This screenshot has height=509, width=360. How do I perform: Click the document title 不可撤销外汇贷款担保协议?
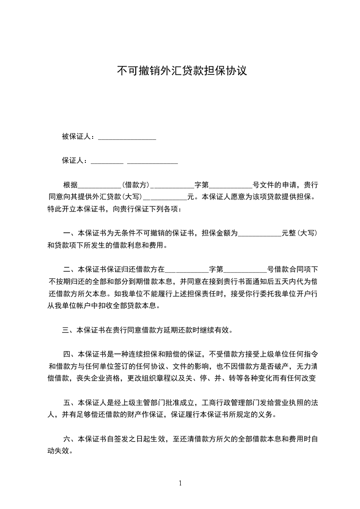click(182, 71)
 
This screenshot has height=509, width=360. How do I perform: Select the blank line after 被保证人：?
click(127, 138)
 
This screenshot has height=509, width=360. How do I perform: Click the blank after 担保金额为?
click(260, 235)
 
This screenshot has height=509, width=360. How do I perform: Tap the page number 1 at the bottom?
click(180, 483)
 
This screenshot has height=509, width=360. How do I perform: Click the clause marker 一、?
click(70, 234)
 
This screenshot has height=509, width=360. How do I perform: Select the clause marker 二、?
click(70, 269)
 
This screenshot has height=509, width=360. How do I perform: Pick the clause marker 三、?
click(69, 330)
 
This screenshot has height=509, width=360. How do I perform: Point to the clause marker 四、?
click(70, 353)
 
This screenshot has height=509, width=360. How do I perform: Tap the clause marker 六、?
click(70, 439)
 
